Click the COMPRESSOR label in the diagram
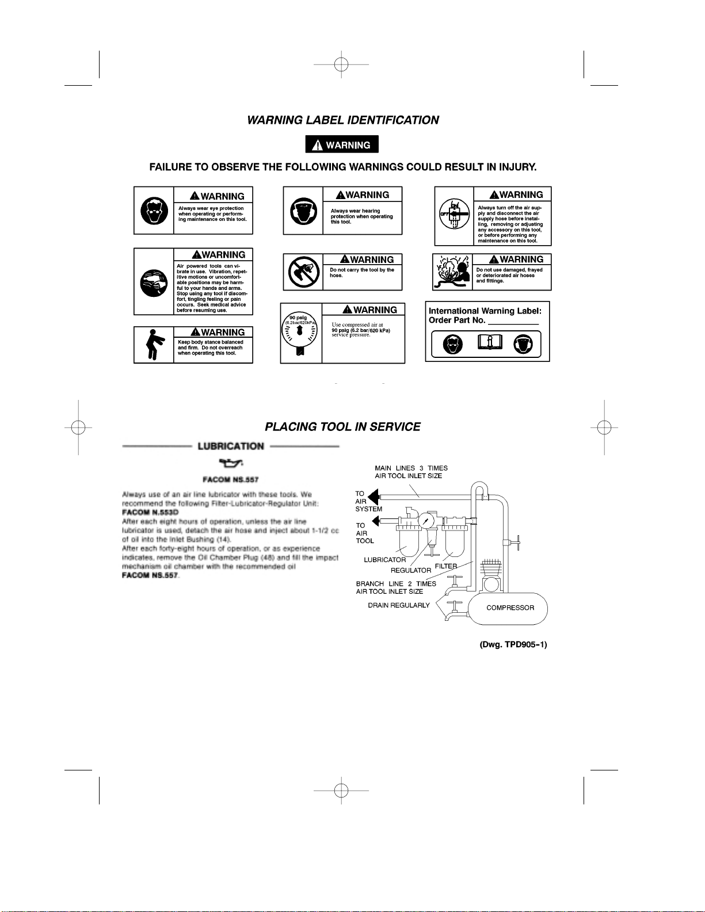click(x=510, y=608)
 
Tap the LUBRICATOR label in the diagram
click(x=384, y=560)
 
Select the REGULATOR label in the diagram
click(x=411, y=570)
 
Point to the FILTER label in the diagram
click(x=446, y=566)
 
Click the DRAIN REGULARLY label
click(x=399, y=605)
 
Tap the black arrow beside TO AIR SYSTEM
click(x=373, y=497)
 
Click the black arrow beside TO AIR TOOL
click(x=375, y=521)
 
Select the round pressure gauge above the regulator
click(x=426, y=521)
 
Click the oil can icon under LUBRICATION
click(x=230, y=463)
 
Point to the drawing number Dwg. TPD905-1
click(x=513, y=644)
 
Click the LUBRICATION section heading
click(x=231, y=447)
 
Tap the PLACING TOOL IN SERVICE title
click(x=342, y=427)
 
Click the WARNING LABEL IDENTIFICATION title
click(x=343, y=120)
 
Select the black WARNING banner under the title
click(x=342, y=145)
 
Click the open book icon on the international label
click(x=490, y=344)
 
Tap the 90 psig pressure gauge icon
click(x=300, y=333)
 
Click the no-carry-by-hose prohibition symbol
click(x=304, y=272)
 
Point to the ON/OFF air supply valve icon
click(x=454, y=215)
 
